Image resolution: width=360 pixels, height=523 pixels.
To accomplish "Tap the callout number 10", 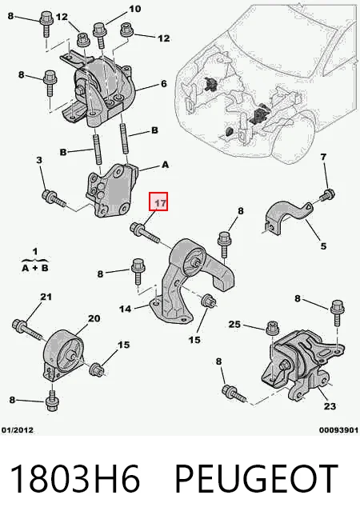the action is (134, 9).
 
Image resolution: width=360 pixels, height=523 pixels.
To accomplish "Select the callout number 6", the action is (163, 83).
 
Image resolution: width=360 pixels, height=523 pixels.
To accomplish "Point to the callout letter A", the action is (165, 165).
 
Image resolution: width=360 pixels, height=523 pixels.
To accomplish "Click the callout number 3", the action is (39, 160).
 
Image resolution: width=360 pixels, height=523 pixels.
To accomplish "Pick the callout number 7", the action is (323, 157).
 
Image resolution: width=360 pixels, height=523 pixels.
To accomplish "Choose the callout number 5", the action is (323, 246).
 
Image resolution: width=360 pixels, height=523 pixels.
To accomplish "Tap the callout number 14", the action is (126, 309).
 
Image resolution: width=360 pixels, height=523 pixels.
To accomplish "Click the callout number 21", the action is (46, 296).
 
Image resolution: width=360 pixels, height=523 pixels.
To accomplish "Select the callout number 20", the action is (94, 318).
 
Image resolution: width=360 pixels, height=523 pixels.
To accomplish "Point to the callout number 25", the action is (234, 324).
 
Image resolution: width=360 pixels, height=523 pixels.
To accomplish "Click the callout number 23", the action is (330, 406).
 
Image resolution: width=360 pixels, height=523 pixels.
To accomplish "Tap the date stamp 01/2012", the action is (18, 430).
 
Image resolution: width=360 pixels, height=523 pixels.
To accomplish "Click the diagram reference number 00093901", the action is (338, 430).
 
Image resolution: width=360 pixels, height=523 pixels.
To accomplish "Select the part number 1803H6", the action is (74, 478).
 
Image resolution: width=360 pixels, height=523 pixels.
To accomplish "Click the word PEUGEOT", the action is (255, 478).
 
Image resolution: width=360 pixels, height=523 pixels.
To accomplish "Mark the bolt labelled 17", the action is (145, 233).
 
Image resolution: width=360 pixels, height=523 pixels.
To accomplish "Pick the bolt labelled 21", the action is (27, 328).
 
